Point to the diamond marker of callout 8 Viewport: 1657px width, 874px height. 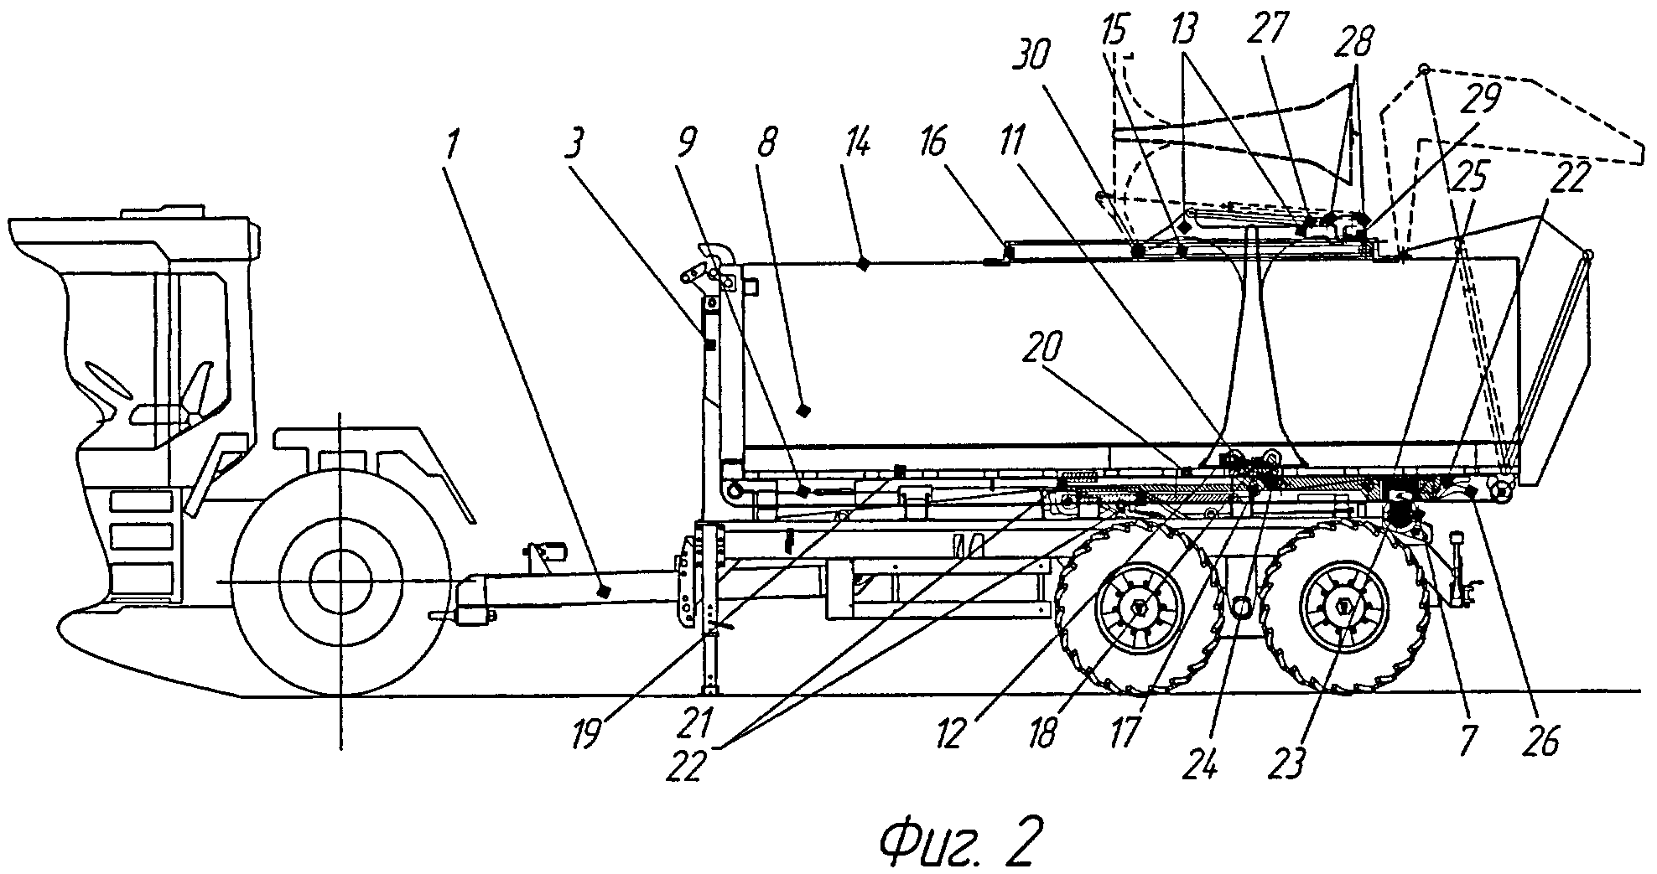803,411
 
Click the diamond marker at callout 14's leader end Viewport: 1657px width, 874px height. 863,265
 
